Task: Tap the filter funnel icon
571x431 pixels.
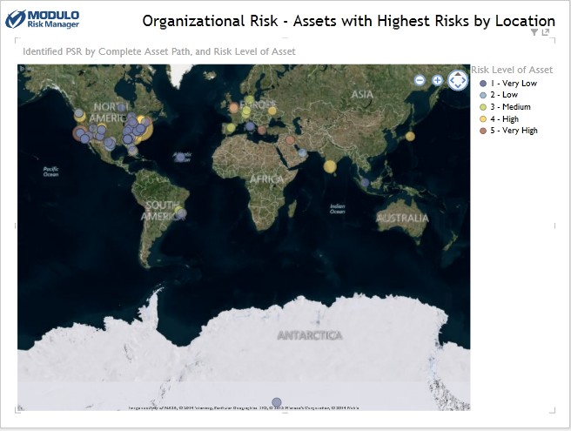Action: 534,32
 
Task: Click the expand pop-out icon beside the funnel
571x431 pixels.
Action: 546,32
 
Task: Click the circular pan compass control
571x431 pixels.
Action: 458,80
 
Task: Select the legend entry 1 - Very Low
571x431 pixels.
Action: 514,83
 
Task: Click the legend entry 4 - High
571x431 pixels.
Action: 504,118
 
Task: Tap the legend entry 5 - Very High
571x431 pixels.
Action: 514,131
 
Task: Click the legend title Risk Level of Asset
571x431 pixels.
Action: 511,70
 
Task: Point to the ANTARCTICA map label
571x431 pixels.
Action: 310,335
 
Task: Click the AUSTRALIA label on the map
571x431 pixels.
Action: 402,218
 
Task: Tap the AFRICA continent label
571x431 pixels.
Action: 266,178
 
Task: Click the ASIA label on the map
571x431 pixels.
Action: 363,94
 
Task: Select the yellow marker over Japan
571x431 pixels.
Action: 410,136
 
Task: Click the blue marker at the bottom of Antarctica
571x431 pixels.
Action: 277,402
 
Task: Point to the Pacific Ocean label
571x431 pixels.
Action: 50,171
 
